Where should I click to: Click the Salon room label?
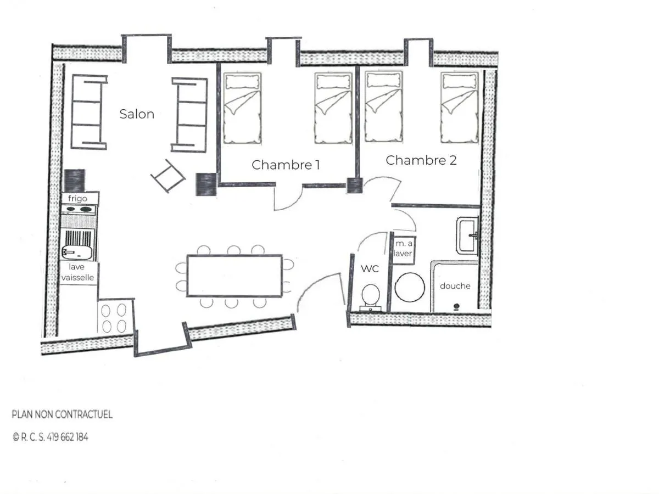[x=137, y=114]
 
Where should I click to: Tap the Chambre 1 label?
[x=286, y=165]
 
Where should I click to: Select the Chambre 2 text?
[x=421, y=160]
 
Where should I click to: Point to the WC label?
[x=370, y=269]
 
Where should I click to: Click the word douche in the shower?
[x=455, y=286]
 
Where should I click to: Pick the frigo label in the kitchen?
[x=77, y=199]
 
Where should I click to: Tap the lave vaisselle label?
[x=77, y=272]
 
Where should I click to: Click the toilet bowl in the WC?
[x=371, y=295]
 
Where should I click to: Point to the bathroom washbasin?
[x=467, y=235]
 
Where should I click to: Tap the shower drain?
[x=456, y=306]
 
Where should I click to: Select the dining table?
[x=234, y=276]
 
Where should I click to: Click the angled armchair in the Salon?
[x=168, y=176]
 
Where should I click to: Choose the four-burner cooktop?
[x=114, y=318]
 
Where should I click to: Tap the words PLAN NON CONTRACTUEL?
[x=62, y=414]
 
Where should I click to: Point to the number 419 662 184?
[x=67, y=437]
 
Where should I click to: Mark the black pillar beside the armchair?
[x=206, y=184]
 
